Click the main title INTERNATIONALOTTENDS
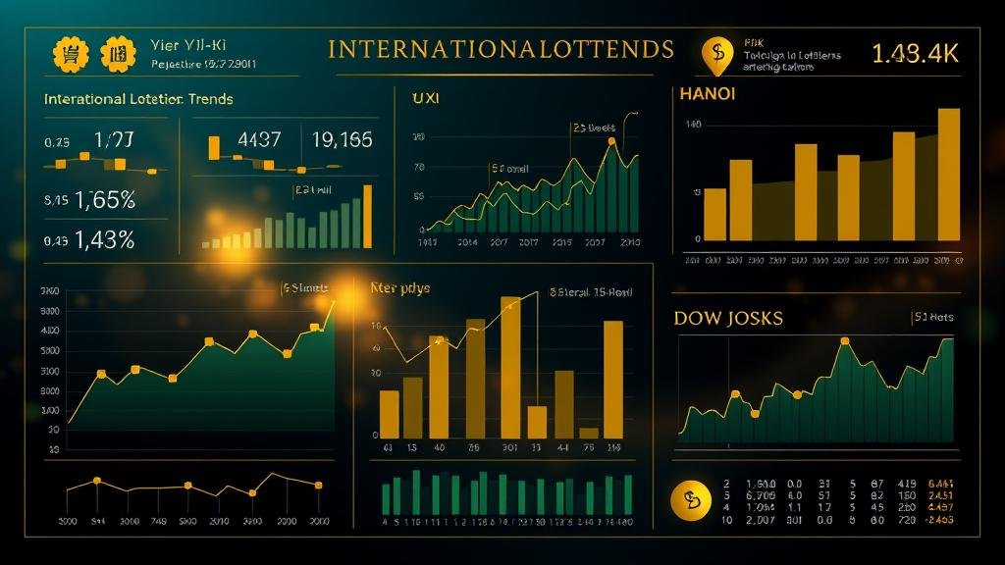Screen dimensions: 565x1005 501,49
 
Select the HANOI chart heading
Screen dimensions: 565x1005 707,94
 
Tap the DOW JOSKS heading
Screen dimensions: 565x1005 728,319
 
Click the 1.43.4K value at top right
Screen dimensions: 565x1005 914,55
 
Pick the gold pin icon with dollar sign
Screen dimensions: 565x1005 718,56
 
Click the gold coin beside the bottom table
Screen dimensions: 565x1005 690,500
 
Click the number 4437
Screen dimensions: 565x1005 260,140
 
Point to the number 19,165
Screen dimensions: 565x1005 342,140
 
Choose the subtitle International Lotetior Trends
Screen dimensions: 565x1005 138,99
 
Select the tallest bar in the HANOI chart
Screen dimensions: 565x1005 949,174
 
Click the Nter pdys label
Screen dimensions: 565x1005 399,288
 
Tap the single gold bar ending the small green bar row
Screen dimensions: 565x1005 368,216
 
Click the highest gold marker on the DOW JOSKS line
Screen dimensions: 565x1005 844,341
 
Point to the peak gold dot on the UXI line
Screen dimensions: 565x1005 611,142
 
